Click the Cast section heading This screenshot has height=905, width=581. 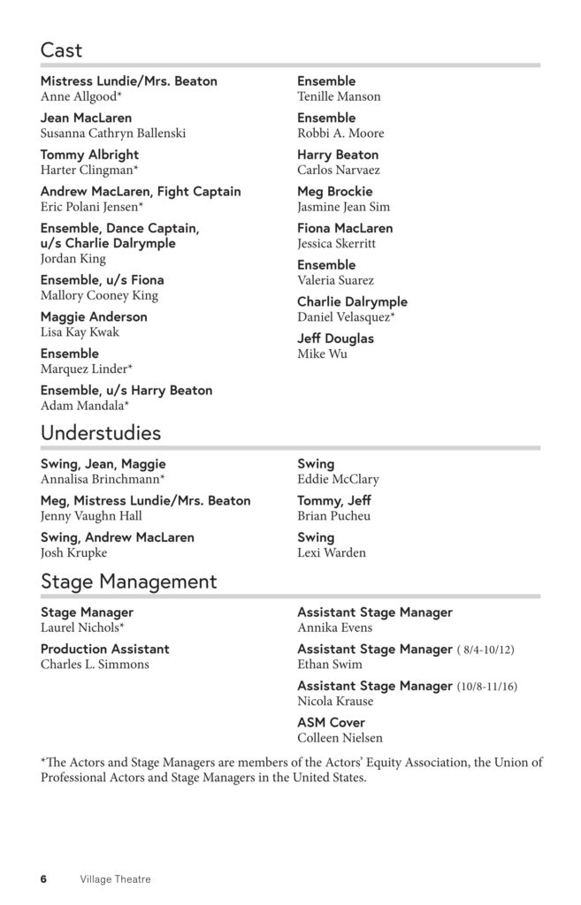(x=61, y=49)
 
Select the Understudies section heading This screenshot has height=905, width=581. (x=101, y=433)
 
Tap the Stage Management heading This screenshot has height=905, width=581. (x=128, y=582)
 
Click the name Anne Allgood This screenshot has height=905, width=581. (x=81, y=96)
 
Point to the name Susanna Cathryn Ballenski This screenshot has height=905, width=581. (x=113, y=133)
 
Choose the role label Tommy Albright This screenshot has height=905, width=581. (x=89, y=155)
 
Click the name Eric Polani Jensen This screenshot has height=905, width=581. (x=92, y=207)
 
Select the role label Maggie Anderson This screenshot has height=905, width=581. (x=94, y=316)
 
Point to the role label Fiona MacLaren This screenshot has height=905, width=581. (x=345, y=228)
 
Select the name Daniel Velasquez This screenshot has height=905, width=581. (x=346, y=317)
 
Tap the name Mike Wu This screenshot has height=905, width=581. (x=322, y=354)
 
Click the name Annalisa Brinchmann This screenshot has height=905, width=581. (x=103, y=479)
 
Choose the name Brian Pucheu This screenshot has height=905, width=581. (x=333, y=516)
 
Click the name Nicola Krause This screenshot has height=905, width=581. (x=335, y=701)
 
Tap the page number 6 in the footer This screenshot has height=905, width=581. (x=43, y=879)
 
